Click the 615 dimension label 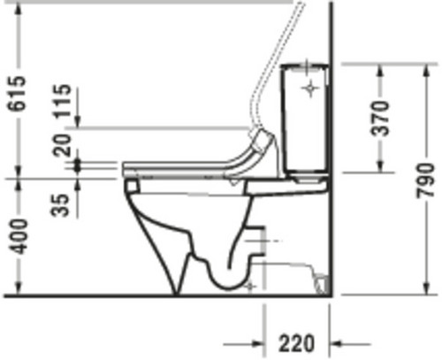pos(17,94)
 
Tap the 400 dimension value pos(18,236)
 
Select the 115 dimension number pos(62,101)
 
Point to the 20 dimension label pos(62,145)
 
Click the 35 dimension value pos(60,205)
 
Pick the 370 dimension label pos(380,119)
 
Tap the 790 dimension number pos(425,180)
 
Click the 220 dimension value pos(296,343)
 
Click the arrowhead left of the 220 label pos(256,344)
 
